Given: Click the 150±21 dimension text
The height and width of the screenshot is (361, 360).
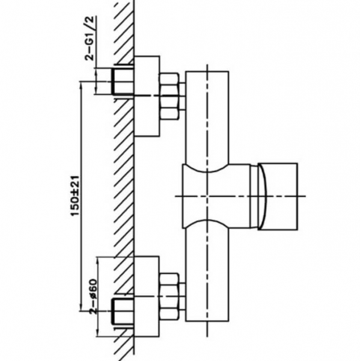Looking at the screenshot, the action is (x=75, y=196).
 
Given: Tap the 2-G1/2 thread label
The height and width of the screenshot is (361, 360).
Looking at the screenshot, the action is (x=90, y=39).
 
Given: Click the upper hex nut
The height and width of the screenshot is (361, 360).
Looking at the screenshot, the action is (x=169, y=96).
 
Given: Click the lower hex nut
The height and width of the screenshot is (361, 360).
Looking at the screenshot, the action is (x=169, y=297).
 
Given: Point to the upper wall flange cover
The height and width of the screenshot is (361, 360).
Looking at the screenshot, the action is (x=147, y=96).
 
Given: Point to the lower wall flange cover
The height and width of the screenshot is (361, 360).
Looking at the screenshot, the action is (x=147, y=297).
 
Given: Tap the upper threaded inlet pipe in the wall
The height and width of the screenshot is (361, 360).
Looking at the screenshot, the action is (x=123, y=81).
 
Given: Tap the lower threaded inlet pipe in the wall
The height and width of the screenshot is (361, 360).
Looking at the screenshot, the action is (x=123, y=312).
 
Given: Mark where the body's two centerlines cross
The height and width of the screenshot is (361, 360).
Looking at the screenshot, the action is (x=207, y=196).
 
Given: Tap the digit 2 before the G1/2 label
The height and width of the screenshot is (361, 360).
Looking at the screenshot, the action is (x=90, y=57).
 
